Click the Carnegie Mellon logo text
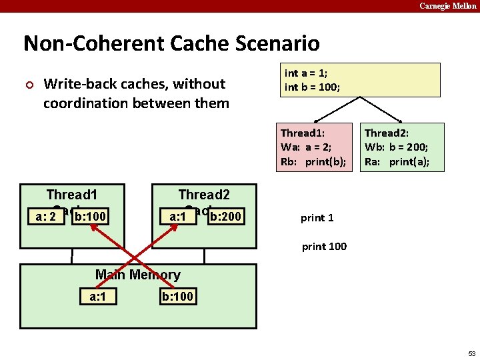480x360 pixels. pyautogui.click(x=447, y=6)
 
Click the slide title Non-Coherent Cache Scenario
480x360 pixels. pyautogui.click(x=171, y=44)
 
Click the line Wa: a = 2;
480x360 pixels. pyautogui.click(x=307, y=147)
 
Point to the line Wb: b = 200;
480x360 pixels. pyautogui.click(x=396, y=147)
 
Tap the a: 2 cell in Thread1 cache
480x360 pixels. pyautogui.click(x=44, y=217)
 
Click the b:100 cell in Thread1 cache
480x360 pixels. pyautogui.click(x=90, y=217)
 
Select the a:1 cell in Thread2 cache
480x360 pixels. pyautogui.click(x=177, y=217)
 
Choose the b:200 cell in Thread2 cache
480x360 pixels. pyautogui.click(x=225, y=217)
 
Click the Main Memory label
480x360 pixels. pyautogui.click(x=137, y=275)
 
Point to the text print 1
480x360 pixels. pyautogui.click(x=317, y=218)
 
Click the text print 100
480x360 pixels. pyautogui.click(x=324, y=247)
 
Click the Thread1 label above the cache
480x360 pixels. pyautogui.click(x=71, y=195)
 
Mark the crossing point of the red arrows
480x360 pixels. pyautogui.click(x=138, y=256)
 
